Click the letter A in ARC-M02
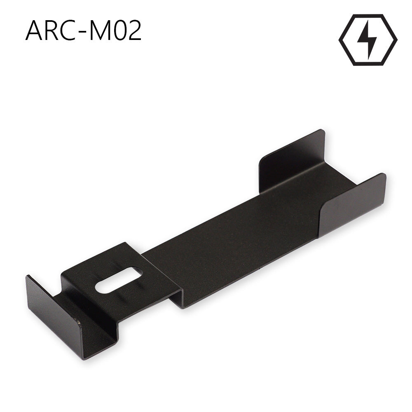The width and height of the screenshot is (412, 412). coord(35,31)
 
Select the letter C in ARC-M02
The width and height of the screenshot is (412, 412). coord(72,31)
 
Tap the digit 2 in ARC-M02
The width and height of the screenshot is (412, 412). coord(135,31)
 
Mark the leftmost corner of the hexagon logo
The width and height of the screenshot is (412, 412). coord(339,40)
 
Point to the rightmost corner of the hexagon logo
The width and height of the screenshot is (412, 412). coord(397,40)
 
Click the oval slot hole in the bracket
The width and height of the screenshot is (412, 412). coord(119,280)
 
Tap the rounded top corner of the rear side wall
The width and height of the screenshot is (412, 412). coord(322,131)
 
